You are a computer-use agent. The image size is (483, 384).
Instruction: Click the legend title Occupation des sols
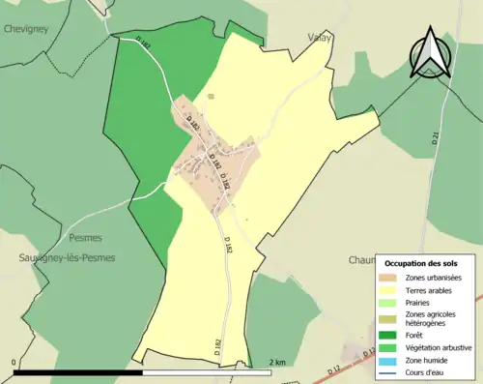coord(428,263)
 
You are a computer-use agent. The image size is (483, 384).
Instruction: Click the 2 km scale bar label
coord(278,363)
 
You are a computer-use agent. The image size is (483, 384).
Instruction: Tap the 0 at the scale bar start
coord(14,363)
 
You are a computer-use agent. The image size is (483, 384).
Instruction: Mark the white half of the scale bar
coord(207,372)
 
